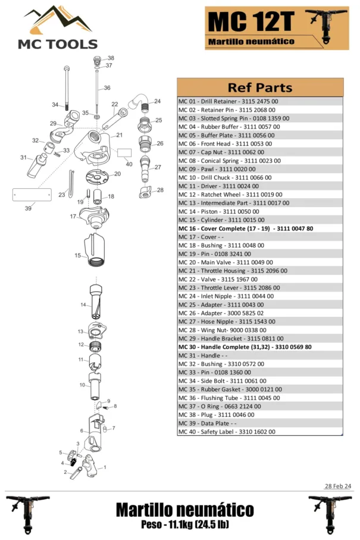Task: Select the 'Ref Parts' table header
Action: tap(260, 88)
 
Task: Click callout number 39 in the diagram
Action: tap(28, 208)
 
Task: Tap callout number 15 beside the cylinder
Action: tap(77, 255)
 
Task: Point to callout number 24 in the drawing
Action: tap(157, 101)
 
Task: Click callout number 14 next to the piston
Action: tap(83, 305)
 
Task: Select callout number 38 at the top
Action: tap(110, 58)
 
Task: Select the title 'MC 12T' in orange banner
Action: tap(251, 23)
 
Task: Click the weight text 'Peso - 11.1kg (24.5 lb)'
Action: tap(184, 524)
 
